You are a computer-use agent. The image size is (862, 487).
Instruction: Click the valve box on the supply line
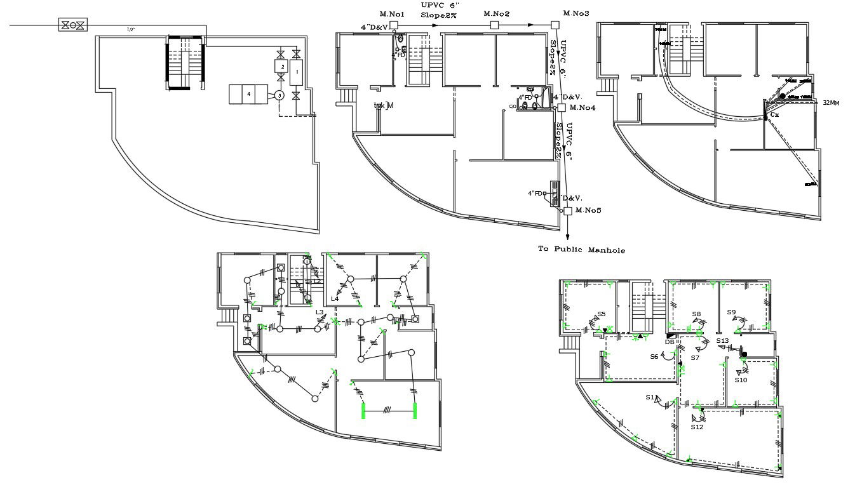(74, 25)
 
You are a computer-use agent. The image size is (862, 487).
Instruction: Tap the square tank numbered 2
(280, 66)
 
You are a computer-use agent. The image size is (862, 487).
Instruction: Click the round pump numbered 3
(279, 95)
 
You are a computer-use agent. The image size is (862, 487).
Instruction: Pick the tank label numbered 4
(248, 95)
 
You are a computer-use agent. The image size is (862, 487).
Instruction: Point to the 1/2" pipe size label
(131, 29)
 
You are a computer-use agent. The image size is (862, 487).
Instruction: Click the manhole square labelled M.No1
(393, 25)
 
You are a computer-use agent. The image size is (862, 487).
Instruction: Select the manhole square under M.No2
(494, 25)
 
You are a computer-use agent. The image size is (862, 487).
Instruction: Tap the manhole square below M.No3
(555, 25)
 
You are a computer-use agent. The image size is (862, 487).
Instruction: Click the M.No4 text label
(583, 108)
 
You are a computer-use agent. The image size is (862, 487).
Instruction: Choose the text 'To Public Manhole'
(581, 250)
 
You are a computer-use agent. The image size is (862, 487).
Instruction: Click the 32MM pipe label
(831, 102)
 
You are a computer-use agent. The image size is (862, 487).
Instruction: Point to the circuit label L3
(320, 312)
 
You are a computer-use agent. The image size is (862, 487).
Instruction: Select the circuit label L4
(334, 298)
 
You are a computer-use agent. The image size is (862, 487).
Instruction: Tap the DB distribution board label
(670, 342)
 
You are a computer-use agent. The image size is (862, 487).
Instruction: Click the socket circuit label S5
(601, 314)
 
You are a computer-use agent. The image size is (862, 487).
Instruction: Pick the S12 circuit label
(697, 427)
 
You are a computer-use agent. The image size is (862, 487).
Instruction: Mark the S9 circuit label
(731, 312)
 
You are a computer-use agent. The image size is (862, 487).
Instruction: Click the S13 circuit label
(722, 341)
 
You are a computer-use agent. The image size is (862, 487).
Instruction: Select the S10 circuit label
(741, 380)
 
